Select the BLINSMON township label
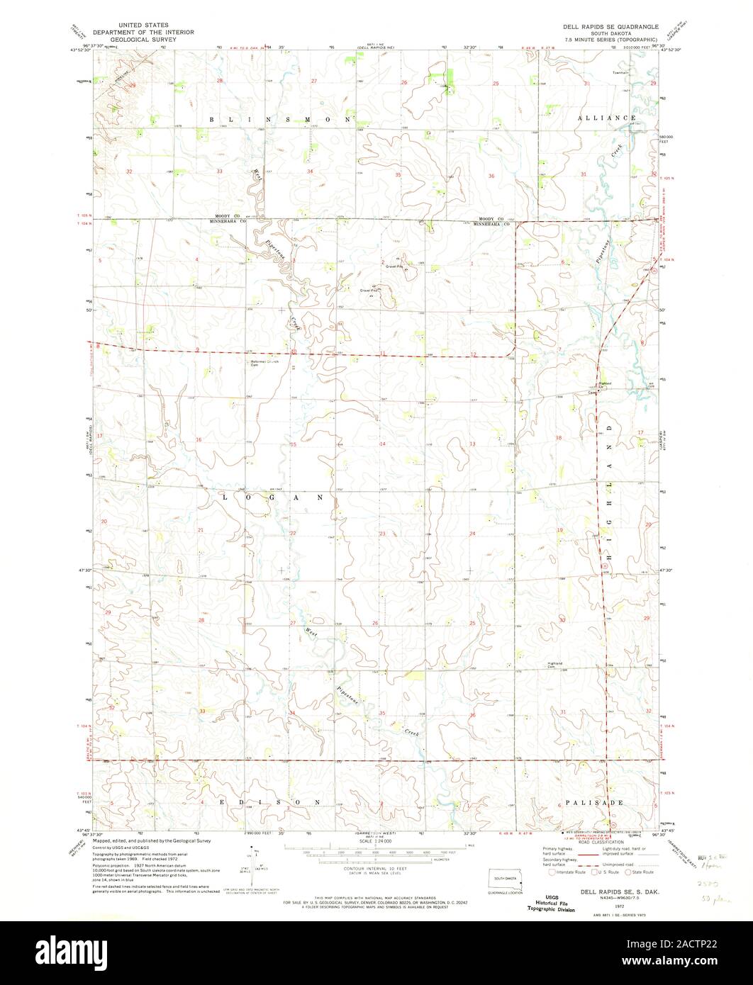click(x=278, y=120)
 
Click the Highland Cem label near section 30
click(x=554, y=665)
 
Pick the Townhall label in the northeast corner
click(x=622, y=73)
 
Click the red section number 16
click(x=199, y=440)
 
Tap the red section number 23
click(x=382, y=533)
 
